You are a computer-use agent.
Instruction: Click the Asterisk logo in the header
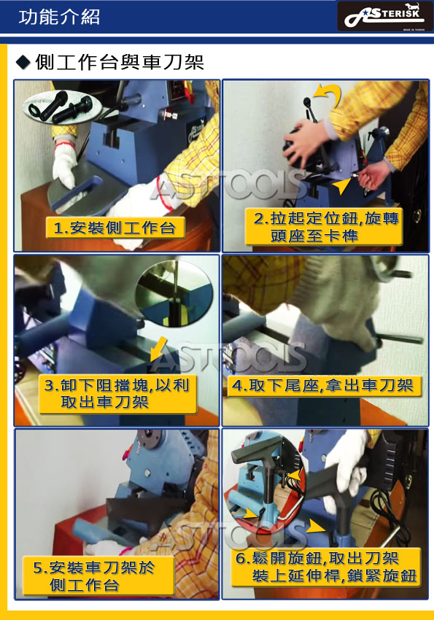pyautogui.click(x=381, y=16)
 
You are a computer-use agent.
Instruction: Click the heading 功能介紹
pyautogui.click(x=59, y=17)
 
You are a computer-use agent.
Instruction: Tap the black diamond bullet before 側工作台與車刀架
pyautogui.click(x=23, y=62)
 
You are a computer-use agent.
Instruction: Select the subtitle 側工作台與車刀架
pyautogui.click(x=120, y=62)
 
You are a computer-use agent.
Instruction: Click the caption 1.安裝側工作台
pyautogui.click(x=115, y=228)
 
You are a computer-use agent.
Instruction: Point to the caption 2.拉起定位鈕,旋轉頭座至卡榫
pyautogui.click(x=323, y=227)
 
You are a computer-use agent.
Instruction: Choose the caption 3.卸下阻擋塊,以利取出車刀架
pyautogui.click(x=117, y=394)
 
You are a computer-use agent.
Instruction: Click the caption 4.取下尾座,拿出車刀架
pyautogui.click(x=323, y=385)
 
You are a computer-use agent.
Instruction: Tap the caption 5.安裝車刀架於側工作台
pyautogui.click(x=98, y=576)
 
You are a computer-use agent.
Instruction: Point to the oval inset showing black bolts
pyautogui.click(x=63, y=106)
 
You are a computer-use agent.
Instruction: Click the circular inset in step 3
pyautogui.click(x=174, y=293)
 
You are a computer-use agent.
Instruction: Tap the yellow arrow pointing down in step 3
pyautogui.click(x=158, y=349)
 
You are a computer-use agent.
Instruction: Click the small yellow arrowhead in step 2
pyautogui.click(x=341, y=185)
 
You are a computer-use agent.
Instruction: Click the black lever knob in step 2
pyautogui.click(x=307, y=102)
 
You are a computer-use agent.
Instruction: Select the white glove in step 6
pyautogui.click(x=347, y=465)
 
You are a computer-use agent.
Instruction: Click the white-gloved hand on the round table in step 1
pyautogui.click(x=65, y=166)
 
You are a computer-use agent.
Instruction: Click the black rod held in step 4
pyautogui.click(x=398, y=338)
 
